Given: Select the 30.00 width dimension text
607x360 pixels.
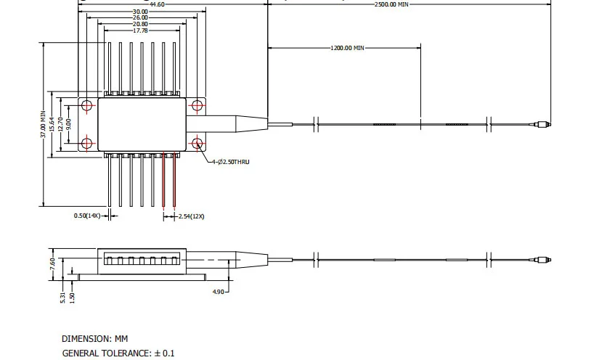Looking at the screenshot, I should pos(140,12).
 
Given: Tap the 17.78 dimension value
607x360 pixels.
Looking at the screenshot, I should pos(140,30).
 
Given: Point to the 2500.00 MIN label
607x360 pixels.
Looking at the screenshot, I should pos(391,4).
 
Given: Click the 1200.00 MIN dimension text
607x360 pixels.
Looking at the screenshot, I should pos(347,48).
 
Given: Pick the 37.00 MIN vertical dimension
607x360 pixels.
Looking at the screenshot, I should pos(43,125).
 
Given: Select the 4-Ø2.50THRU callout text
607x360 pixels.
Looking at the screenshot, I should pos(231,161).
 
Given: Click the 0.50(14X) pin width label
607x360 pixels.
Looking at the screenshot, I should pos(86,216).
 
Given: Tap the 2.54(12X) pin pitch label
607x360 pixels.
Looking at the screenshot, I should pos(192,216).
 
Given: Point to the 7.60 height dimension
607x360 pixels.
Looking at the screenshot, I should pos(52,262).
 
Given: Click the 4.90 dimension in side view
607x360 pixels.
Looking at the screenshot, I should pos(218,292).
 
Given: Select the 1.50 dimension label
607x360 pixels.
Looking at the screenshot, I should pos(72,296).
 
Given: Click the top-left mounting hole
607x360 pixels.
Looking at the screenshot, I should pos(87,106).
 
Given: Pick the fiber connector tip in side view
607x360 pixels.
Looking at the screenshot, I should pos(541,259).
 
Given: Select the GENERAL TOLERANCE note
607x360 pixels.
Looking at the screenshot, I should pos(118,353).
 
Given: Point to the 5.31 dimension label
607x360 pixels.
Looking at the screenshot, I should pos(63,296).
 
